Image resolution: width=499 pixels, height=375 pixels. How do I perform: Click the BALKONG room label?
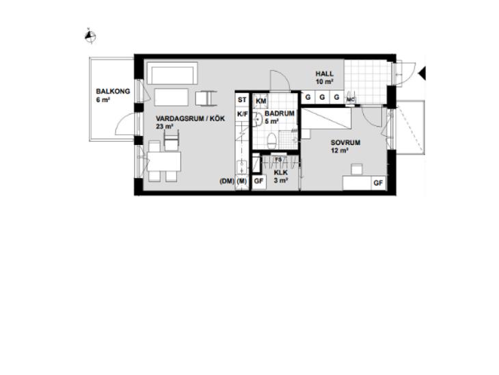click(113, 92)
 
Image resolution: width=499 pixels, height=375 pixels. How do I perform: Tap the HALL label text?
click(325, 74)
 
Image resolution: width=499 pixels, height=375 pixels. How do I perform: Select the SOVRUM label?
click(345, 142)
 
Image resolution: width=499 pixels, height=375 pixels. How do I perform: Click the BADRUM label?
click(280, 113)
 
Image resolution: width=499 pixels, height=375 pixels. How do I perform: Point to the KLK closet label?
click(281, 172)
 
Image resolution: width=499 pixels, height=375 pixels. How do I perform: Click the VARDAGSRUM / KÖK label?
click(190, 118)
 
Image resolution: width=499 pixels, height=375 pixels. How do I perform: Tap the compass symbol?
click(90, 36)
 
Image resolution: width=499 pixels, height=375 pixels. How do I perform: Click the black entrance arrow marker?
click(422, 74)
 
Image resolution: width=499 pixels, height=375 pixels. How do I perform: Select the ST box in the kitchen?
click(242, 100)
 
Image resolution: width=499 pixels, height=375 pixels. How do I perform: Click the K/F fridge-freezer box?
click(243, 114)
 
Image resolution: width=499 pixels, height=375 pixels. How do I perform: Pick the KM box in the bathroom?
click(261, 101)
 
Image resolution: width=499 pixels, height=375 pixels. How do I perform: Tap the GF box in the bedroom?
click(378, 183)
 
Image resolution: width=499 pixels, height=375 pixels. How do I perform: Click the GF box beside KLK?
click(259, 181)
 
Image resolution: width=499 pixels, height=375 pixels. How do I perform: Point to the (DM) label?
click(227, 181)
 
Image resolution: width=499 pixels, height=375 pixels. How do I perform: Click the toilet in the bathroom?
click(271, 141)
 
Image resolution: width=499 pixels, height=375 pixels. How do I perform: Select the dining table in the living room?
click(164, 161)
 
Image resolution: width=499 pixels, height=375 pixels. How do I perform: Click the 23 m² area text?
click(165, 127)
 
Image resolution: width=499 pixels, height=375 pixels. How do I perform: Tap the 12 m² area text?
click(340, 151)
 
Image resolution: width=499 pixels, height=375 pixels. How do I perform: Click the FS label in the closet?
click(278, 159)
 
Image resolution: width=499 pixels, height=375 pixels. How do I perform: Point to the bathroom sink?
click(258, 119)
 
